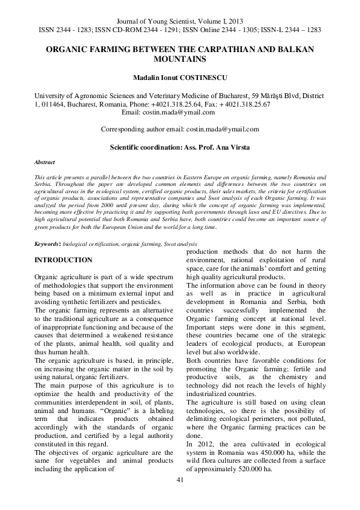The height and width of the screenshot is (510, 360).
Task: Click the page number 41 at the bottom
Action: coord(180,480)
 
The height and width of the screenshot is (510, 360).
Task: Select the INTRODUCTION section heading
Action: coord(64,260)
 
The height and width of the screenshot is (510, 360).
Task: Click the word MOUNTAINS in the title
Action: coord(180,59)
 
